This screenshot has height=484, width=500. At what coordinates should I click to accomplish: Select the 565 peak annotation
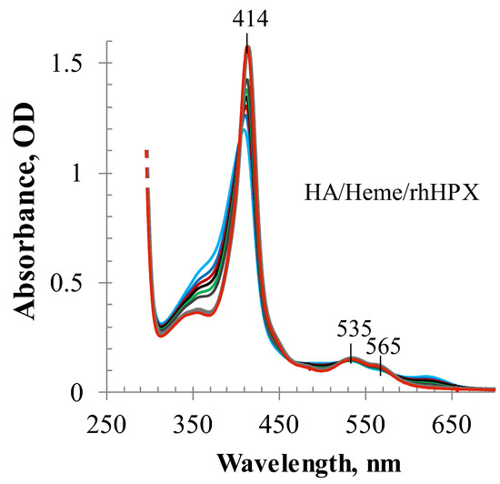pyautogui.click(x=383, y=345)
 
